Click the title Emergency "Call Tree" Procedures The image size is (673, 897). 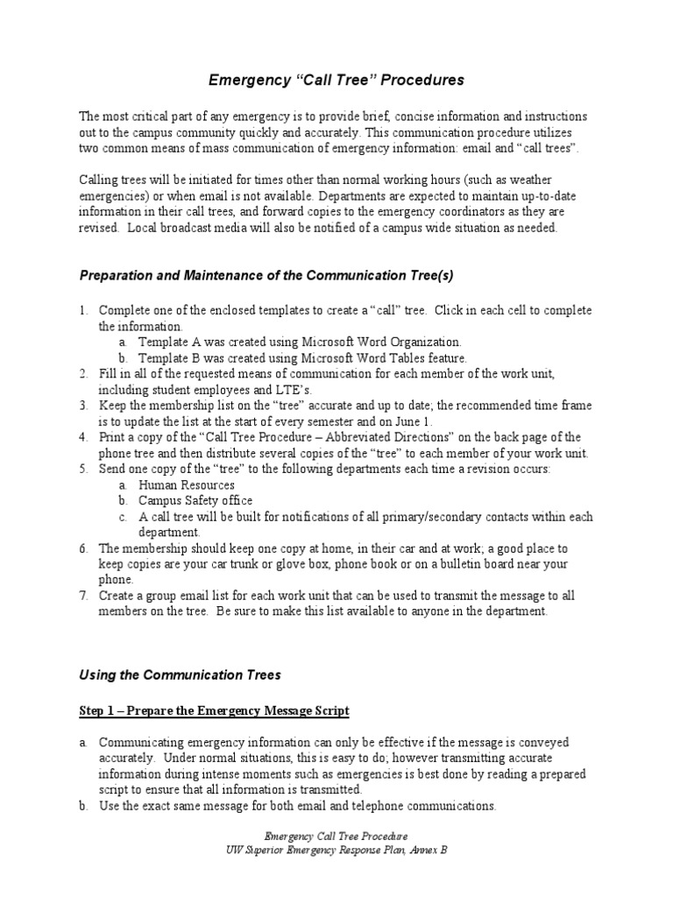coord(336,81)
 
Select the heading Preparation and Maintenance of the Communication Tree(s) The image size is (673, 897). coord(266,275)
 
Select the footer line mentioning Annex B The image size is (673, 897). coord(336,850)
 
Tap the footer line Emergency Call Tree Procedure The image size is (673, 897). coord(336,837)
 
